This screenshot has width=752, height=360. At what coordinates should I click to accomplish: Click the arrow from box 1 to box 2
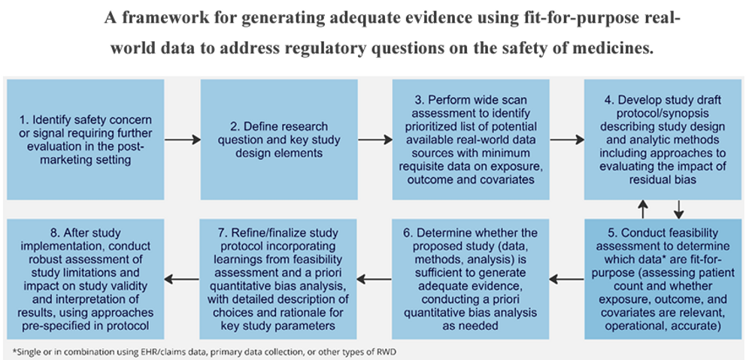coord(182,139)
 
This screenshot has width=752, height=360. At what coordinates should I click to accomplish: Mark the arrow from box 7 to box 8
coord(182,279)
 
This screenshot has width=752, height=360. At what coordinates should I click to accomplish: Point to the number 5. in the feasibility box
coord(611,232)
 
